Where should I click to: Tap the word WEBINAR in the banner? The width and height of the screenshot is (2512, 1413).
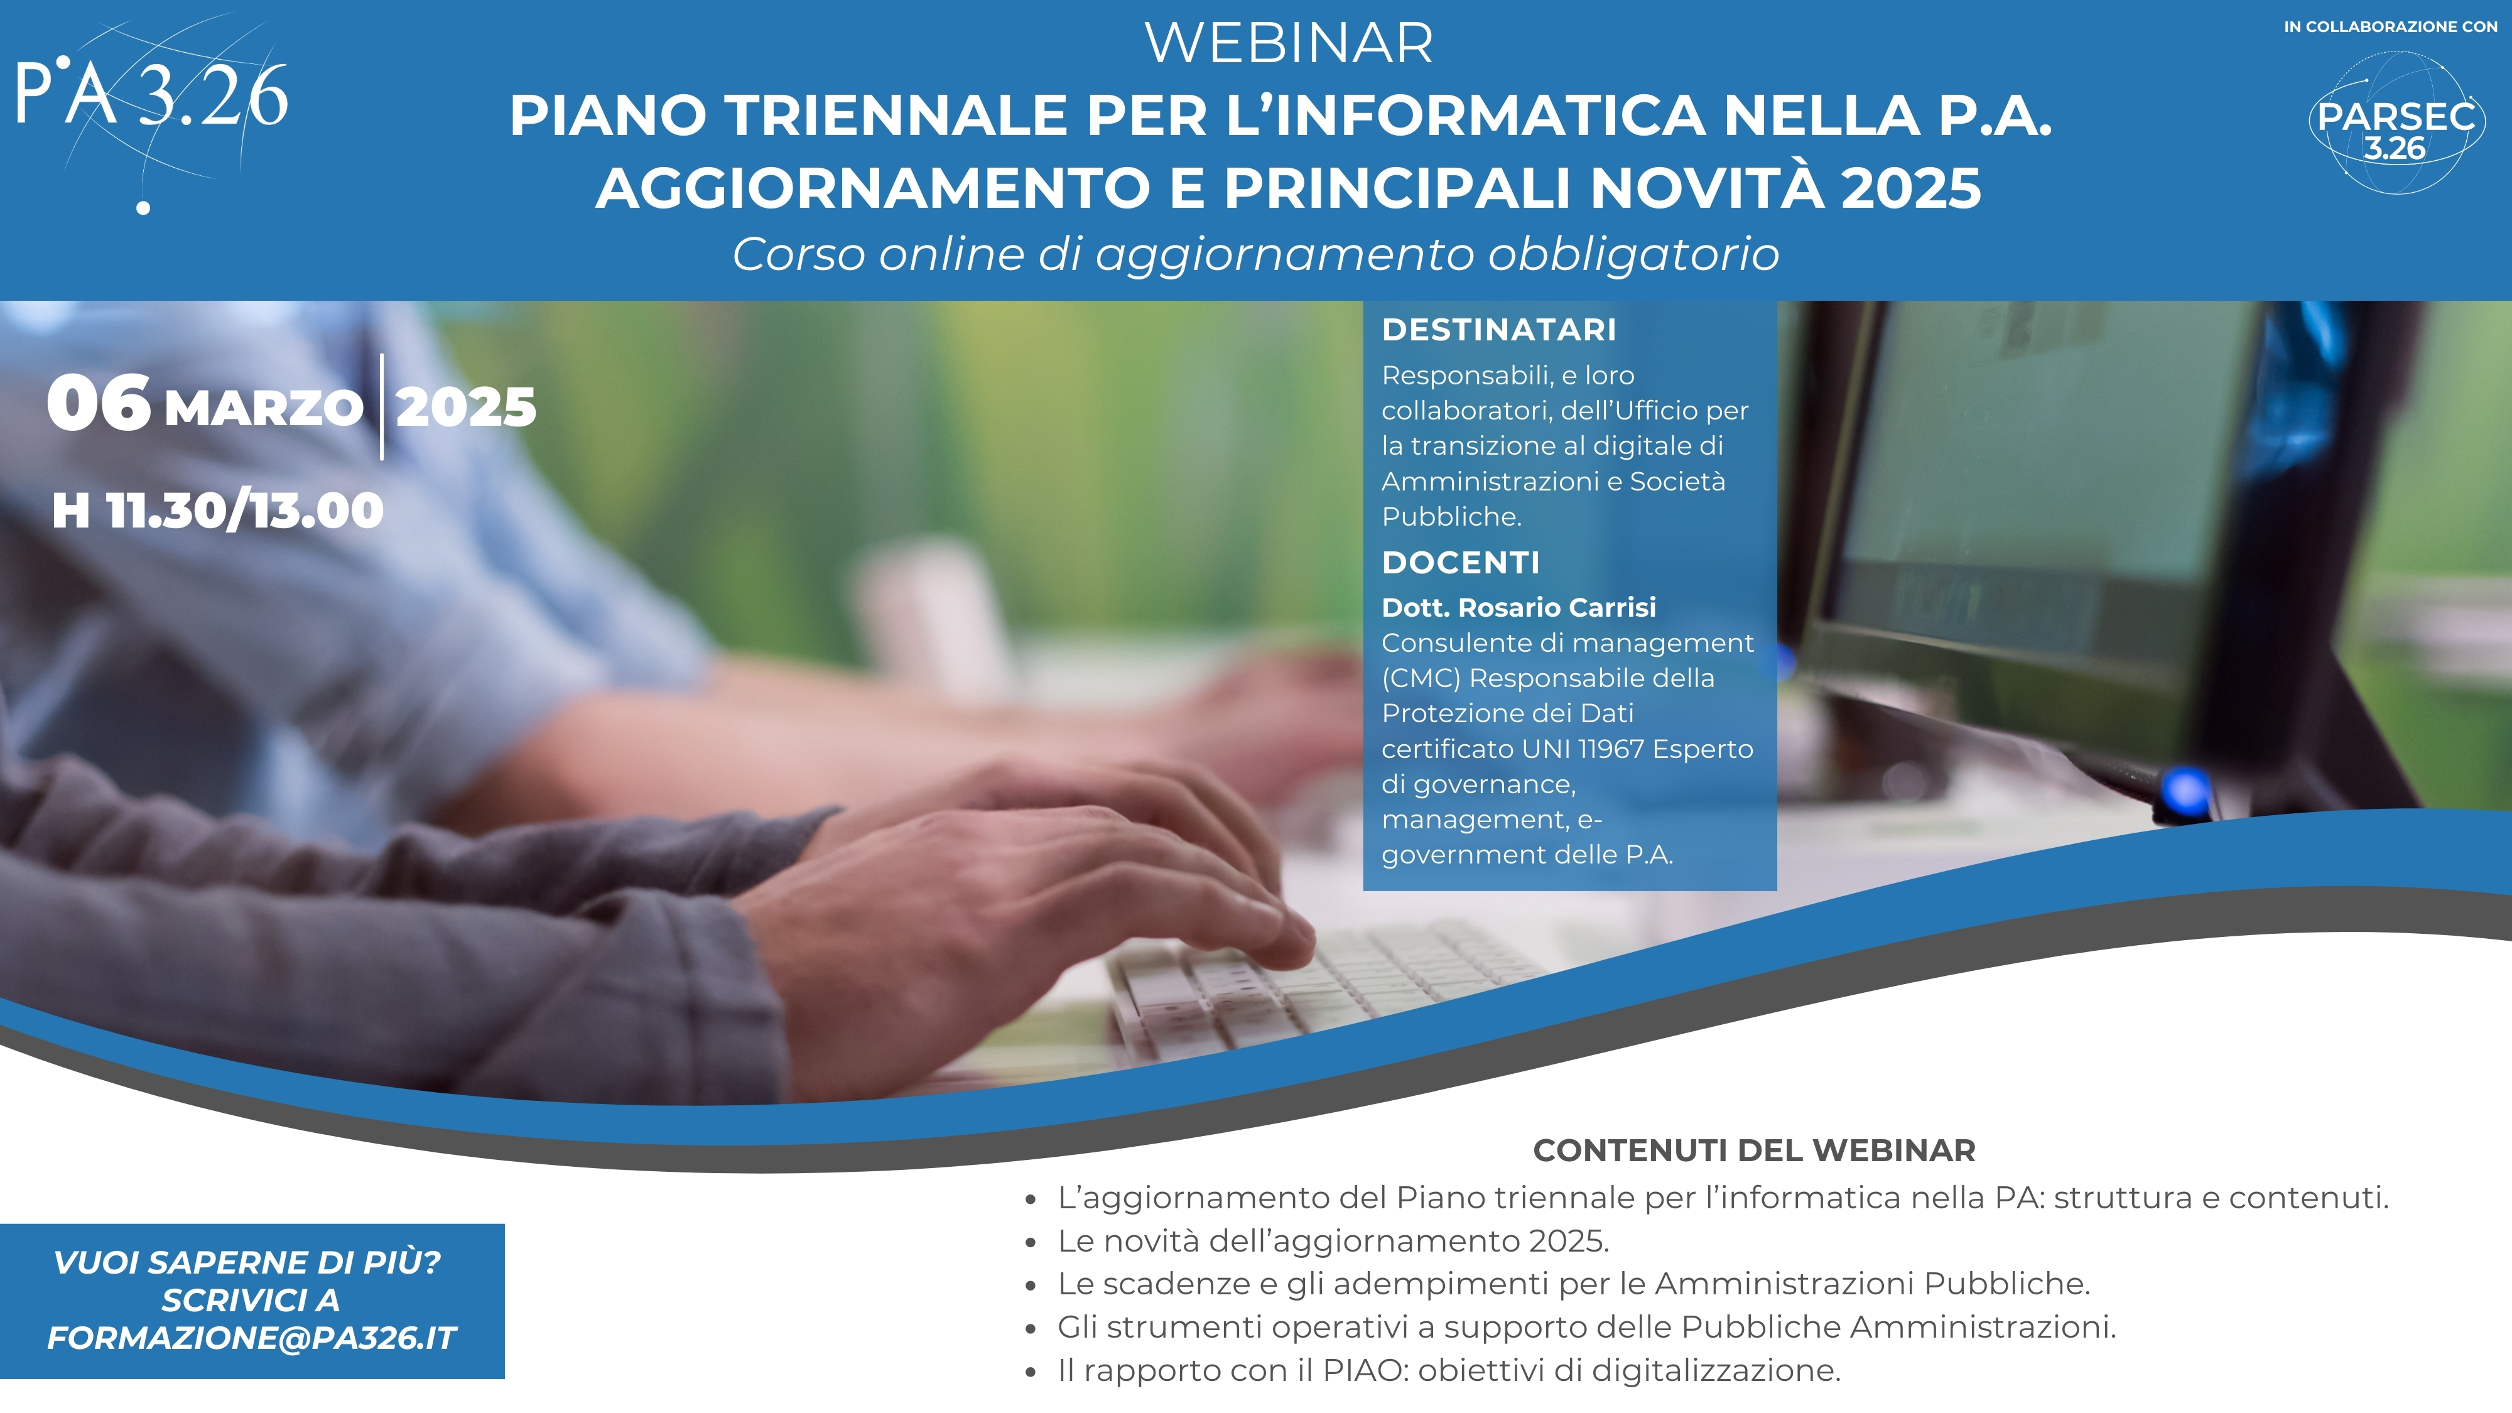coord(1289,44)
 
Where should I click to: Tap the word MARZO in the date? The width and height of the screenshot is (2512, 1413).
coord(264,409)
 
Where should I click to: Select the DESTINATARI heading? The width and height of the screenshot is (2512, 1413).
coord(1499,330)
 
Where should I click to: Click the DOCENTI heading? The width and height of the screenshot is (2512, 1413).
coord(1461,563)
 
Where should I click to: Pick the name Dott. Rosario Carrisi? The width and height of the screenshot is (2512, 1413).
coord(1519,607)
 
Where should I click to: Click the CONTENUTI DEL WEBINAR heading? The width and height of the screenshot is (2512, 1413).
coord(1754,1150)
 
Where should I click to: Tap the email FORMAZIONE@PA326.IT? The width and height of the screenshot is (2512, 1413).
coord(252,1338)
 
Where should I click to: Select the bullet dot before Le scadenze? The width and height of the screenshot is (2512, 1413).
coord(1031,1286)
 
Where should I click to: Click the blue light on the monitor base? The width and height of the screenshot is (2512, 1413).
coord(2186,789)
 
